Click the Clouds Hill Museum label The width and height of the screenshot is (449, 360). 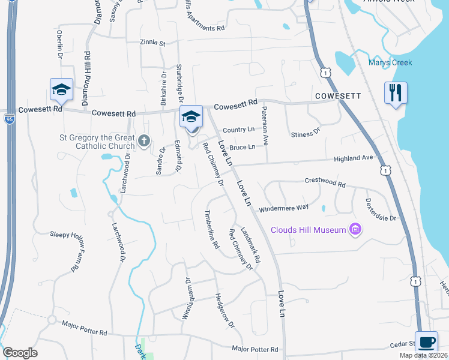click(309, 230)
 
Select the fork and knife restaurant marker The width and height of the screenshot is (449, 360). click(396, 93)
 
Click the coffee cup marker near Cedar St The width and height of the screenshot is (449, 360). click(427, 343)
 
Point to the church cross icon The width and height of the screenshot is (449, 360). click(143, 141)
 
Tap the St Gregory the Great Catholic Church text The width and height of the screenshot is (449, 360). click(97, 141)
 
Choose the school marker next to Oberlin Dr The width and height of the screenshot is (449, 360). click(61, 90)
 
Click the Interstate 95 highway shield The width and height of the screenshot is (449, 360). click(9, 119)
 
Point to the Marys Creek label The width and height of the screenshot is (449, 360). click(390, 62)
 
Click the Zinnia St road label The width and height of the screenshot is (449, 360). click(152, 43)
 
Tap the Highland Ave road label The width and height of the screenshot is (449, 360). click(354, 158)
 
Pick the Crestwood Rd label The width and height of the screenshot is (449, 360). click(325, 182)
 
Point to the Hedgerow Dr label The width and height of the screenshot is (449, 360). click(224, 310)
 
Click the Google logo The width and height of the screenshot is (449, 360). click(20, 353)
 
